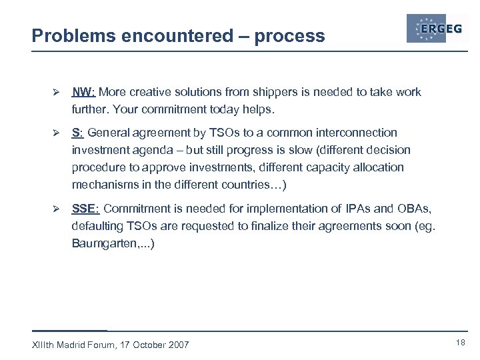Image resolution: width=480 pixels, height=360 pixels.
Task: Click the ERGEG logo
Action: tap(437, 29)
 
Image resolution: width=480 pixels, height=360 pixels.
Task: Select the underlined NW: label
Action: tap(83, 92)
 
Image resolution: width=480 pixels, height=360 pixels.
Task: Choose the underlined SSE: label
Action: tap(86, 209)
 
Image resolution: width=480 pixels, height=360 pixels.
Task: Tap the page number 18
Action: tap(460, 342)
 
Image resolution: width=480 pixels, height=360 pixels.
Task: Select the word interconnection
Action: tap(357, 133)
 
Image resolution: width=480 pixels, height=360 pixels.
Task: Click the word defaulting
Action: tap(97, 226)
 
